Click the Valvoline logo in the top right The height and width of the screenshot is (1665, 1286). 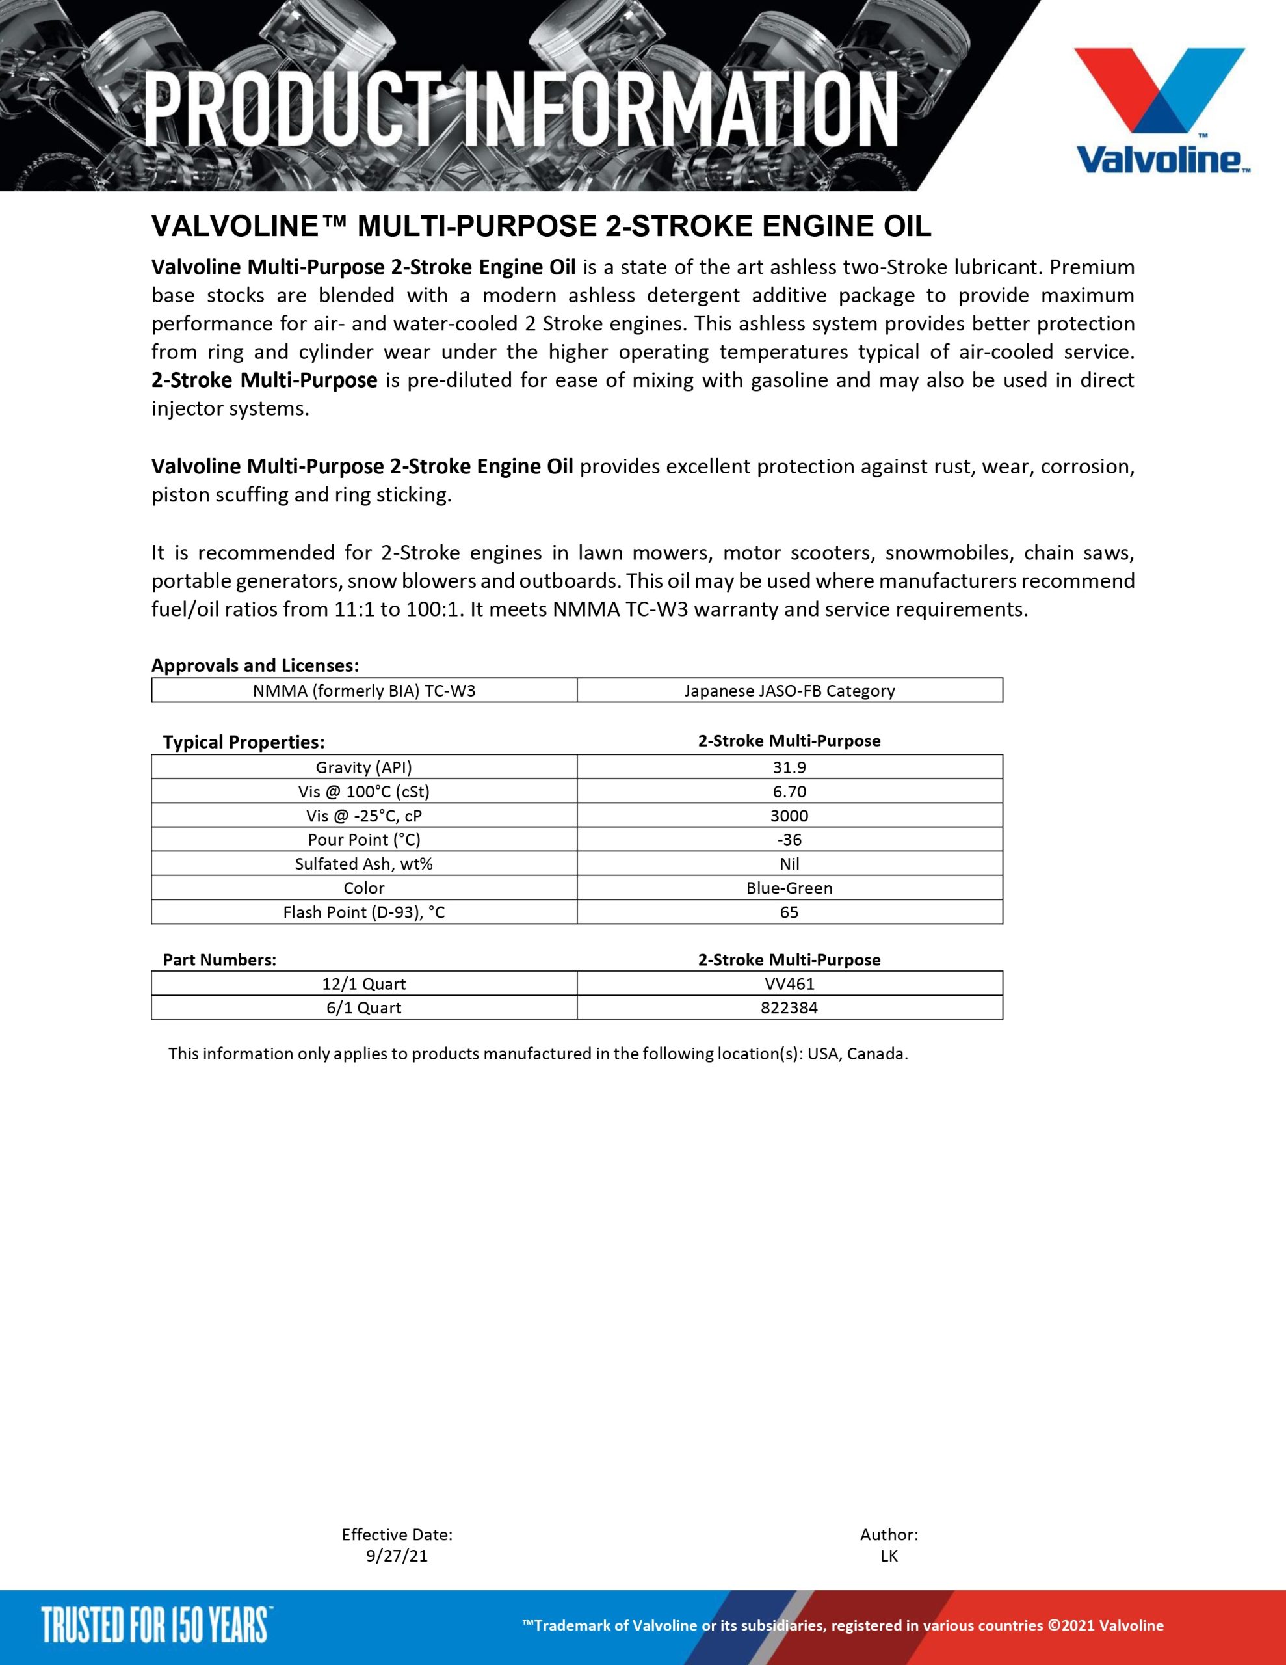(x=1159, y=111)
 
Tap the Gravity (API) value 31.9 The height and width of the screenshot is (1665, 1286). (x=789, y=767)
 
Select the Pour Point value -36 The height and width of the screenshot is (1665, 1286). (x=789, y=840)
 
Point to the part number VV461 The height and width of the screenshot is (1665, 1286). (x=789, y=983)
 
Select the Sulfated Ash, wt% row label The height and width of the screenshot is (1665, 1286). (x=363, y=864)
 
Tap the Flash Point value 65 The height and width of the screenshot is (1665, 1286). (x=789, y=912)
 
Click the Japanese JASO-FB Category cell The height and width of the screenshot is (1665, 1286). (x=789, y=691)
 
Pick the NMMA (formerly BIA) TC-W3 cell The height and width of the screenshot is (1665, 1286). (x=363, y=691)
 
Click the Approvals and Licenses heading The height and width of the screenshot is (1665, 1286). (x=255, y=665)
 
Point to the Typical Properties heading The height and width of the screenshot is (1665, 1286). (x=243, y=742)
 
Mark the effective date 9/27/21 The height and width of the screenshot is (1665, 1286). (x=397, y=1556)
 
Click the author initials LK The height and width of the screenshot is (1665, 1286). (x=889, y=1556)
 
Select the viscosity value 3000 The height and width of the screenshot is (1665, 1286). (x=789, y=816)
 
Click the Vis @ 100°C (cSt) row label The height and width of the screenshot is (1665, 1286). (x=363, y=792)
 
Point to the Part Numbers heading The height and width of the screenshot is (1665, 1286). (x=220, y=960)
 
